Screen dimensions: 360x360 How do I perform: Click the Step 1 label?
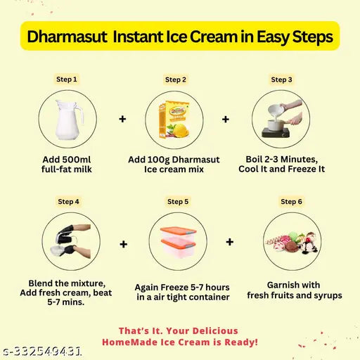[67, 79]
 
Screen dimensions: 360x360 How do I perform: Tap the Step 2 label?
[176, 79]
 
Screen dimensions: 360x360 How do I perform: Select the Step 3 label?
[281, 79]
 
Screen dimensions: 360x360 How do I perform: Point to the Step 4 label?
[68, 202]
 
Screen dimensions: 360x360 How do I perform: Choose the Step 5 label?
[178, 202]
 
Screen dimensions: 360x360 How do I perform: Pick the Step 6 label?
[291, 202]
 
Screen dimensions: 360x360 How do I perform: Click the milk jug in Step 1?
[69, 120]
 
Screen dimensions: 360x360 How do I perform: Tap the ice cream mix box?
[174, 120]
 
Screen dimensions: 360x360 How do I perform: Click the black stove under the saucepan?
[276, 133]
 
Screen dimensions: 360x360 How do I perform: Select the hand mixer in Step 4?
[65, 234]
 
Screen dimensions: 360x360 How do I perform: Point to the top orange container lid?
[178, 231]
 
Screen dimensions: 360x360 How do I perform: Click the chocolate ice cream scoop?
[291, 247]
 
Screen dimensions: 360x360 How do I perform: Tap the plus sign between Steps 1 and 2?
[122, 119]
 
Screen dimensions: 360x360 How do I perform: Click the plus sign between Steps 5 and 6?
[230, 242]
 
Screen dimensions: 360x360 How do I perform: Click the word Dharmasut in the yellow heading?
[67, 37]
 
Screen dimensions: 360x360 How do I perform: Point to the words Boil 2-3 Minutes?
[281, 160]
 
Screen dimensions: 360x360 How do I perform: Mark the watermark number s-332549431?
[41, 351]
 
